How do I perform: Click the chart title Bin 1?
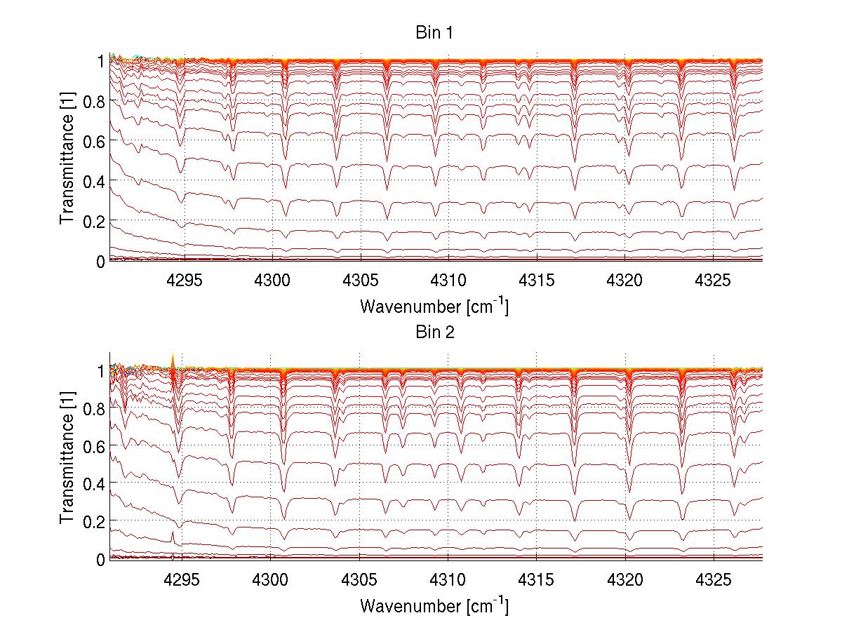click(x=435, y=34)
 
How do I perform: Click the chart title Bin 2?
click(x=435, y=332)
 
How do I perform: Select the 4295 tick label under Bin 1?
click(x=183, y=281)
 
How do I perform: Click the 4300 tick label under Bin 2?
click(x=271, y=579)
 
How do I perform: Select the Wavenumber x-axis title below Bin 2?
click(x=434, y=605)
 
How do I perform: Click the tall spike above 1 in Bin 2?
click(x=173, y=359)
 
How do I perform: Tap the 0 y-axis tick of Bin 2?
click(x=100, y=559)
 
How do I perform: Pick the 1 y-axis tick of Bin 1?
click(x=100, y=61)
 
